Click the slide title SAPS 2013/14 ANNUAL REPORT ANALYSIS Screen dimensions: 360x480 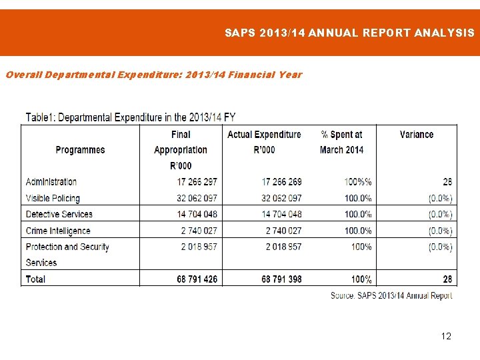pos(349,32)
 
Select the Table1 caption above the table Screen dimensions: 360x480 pos(130,117)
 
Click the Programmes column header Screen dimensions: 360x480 pos(80,150)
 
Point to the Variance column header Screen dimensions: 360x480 pos(417,135)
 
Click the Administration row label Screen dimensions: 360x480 pos(51,182)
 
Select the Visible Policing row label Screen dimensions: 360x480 pos(53,198)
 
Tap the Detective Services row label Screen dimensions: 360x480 pos(59,214)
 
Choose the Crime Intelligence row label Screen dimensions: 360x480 pos(58,231)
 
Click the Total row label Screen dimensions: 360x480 pos(35,279)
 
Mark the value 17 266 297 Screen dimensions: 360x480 pos(197,182)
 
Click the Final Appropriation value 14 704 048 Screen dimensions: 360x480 pos(197,214)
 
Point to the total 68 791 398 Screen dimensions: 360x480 pos(281,279)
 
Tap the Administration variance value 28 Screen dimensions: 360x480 pos(447,182)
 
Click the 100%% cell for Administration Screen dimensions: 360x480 pos(358,182)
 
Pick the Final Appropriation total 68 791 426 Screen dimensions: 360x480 pos(197,279)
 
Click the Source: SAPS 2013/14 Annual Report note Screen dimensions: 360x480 pos(391,295)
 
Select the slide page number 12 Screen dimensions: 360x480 pos(446,336)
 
